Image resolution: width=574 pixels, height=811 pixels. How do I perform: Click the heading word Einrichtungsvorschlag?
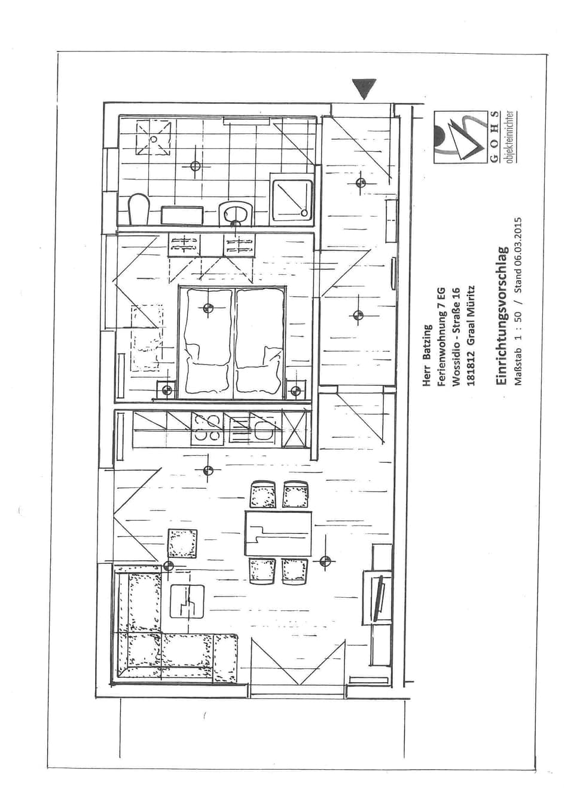(502, 317)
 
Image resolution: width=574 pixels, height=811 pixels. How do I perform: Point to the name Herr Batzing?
(427, 356)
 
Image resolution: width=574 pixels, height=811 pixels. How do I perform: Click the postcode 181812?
(471, 367)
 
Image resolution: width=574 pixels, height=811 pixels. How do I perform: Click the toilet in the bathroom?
(138, 208)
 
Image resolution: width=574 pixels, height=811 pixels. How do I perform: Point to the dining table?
(278, 533)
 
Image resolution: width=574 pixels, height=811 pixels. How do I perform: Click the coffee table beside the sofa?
(188, 601)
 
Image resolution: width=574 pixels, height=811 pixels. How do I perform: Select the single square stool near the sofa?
(183, 543)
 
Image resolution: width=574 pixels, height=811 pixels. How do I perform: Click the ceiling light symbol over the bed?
(208, 308)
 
